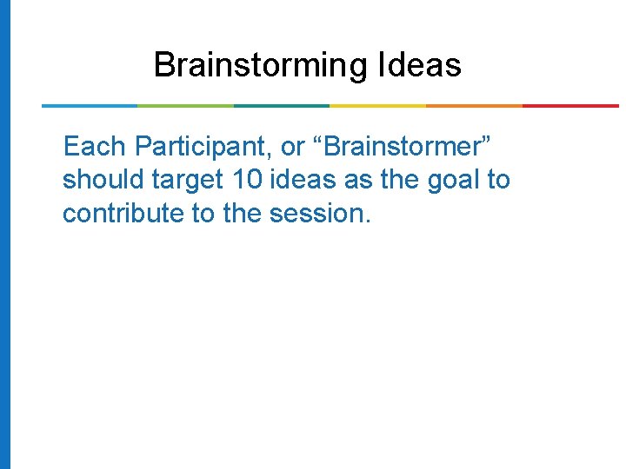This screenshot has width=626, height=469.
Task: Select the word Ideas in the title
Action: coord(420,65)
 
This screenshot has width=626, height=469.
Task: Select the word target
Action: coord(190,180)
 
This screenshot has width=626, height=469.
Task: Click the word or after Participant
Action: coord(293,146)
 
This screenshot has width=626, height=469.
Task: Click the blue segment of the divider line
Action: coord(90,106)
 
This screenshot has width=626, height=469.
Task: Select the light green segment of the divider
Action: coord(185,106)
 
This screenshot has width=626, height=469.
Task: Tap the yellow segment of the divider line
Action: coord(378,106)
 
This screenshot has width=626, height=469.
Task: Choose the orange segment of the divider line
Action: coord(474,106)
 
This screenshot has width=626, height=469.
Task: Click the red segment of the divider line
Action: coord(570,106)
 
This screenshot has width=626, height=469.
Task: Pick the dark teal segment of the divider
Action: coord(282,106)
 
